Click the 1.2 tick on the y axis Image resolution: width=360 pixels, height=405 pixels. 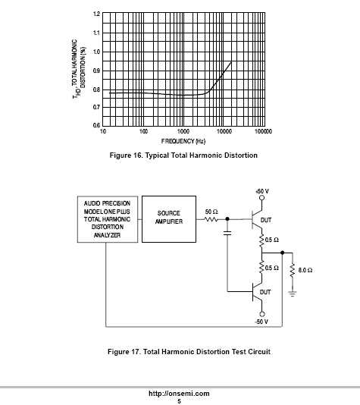96,14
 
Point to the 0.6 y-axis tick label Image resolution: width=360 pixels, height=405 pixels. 96,125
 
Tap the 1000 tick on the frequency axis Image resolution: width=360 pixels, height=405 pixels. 183,131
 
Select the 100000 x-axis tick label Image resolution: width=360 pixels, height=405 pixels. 263,131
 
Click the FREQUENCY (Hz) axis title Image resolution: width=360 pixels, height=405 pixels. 183,141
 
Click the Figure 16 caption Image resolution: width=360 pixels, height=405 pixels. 183,155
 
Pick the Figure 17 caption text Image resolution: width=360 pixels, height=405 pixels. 189,352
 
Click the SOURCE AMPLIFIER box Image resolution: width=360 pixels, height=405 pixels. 169,219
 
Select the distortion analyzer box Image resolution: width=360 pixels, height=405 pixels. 108,219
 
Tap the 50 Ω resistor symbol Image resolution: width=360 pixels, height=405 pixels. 211,219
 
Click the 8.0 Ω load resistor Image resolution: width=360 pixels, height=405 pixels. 293,271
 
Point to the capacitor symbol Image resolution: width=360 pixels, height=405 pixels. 227,234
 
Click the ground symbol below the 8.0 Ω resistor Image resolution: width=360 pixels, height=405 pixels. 293,294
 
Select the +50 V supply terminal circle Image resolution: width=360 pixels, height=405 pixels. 262,198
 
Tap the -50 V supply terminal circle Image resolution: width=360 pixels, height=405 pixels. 262,314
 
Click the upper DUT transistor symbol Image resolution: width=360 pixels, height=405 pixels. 257,219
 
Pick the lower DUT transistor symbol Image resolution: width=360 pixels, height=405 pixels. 257,292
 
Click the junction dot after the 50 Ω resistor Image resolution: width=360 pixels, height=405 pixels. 227,219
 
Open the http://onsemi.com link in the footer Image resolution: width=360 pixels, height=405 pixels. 179,394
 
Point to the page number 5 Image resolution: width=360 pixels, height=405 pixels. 179,401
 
